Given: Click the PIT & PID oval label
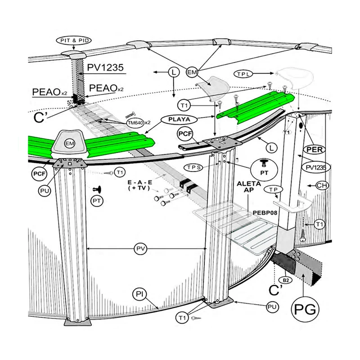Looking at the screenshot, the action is pos(74,40).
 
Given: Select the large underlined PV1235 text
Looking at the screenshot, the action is pos(105,68).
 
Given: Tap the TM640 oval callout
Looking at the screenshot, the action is pos(135,123).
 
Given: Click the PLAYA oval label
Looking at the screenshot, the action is pos(179,119).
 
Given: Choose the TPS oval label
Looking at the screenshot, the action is pos(194,167).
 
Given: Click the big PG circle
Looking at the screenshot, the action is pos(305,310).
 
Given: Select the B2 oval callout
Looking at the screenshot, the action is pos(286,280).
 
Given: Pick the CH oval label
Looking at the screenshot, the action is pos(322,185).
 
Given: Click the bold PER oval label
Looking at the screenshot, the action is pos(315,150).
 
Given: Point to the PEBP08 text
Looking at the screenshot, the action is pos(265,213).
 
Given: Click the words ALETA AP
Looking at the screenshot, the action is pos(249,187).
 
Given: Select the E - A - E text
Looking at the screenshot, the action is pos(140,183).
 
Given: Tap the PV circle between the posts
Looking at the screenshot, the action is pos(140,249).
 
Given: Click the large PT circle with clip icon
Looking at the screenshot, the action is pos(264,170).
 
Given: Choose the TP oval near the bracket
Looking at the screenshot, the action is pos(274,189).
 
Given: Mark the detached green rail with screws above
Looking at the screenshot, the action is pos(255,108).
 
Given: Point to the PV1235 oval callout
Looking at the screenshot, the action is pos(316,168).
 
